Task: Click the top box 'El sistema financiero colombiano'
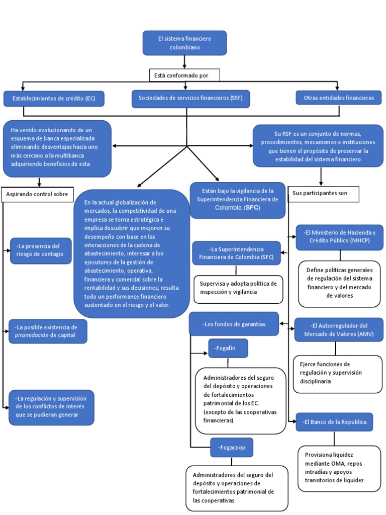point(184,43)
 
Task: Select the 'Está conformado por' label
point(184,75)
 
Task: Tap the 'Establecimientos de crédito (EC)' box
point(54,99)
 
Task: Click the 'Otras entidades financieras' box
point(339,98)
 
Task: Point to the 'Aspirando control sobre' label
point(37,195)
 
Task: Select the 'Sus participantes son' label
point(323,194)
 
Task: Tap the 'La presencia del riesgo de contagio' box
point(41,250)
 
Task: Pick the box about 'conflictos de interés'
point(52,407)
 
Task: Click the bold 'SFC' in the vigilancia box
point(252,208)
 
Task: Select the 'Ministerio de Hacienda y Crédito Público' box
point(339,237)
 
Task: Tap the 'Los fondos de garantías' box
point(234,324)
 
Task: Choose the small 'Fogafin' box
point(228,348)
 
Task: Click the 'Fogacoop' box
point(232,447)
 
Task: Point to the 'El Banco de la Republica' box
point(334,422)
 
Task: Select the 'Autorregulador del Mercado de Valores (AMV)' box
point(339,330)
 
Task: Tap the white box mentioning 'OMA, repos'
point(339,468)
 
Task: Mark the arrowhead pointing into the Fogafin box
point(206,354)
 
